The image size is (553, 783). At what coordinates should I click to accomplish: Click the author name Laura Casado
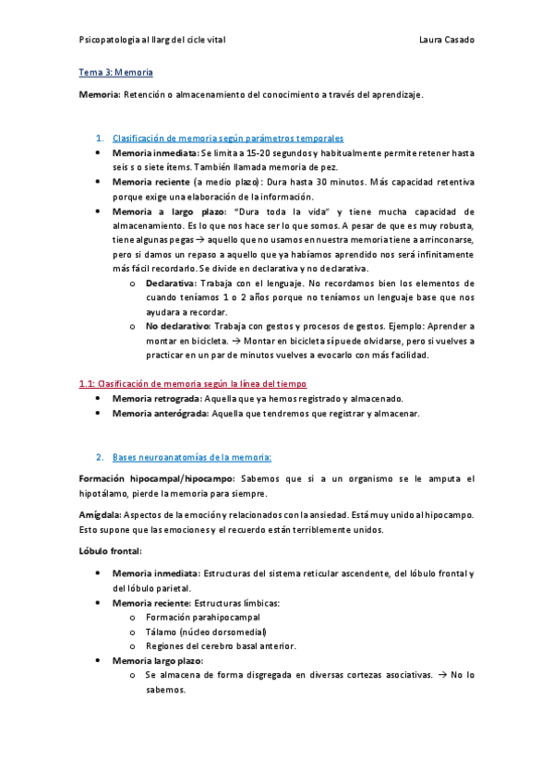pos(447,41)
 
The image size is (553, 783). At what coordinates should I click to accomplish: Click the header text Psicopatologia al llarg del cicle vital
pos(153,41)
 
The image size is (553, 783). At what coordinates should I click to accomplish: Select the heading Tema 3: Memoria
pos(116,71)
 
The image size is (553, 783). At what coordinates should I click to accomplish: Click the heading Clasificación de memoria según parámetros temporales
pos(227,138)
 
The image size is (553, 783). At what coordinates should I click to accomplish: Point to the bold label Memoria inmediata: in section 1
pos(155,152)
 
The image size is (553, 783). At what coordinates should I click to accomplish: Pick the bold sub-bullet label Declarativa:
pos(171,283)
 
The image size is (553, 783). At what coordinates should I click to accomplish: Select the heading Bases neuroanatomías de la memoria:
pos(192,457)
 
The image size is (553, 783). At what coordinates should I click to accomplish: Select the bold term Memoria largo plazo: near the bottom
pos(158,661)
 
